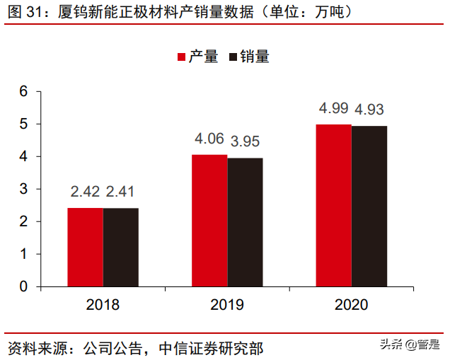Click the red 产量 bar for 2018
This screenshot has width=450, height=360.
pos(85,247)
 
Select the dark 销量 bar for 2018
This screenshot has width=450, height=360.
pos(120,247)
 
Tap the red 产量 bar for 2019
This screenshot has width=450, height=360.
pos(209,220)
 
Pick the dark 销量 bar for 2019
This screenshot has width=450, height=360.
pos(245,222)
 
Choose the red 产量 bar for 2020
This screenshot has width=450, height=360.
pos(333,205)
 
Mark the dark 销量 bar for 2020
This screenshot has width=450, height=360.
pos(369,206)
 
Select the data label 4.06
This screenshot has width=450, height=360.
pos(209,139)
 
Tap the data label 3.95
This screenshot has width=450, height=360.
pos(246,141)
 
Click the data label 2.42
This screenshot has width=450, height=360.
pos(85,192)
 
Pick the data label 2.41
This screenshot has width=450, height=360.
pos(121,192)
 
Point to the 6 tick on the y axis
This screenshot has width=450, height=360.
pos(23,91)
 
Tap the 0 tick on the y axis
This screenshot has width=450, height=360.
pos(23,286)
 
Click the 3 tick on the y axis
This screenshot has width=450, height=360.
pos(23,189)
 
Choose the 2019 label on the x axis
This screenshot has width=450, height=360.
pos(227,305)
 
